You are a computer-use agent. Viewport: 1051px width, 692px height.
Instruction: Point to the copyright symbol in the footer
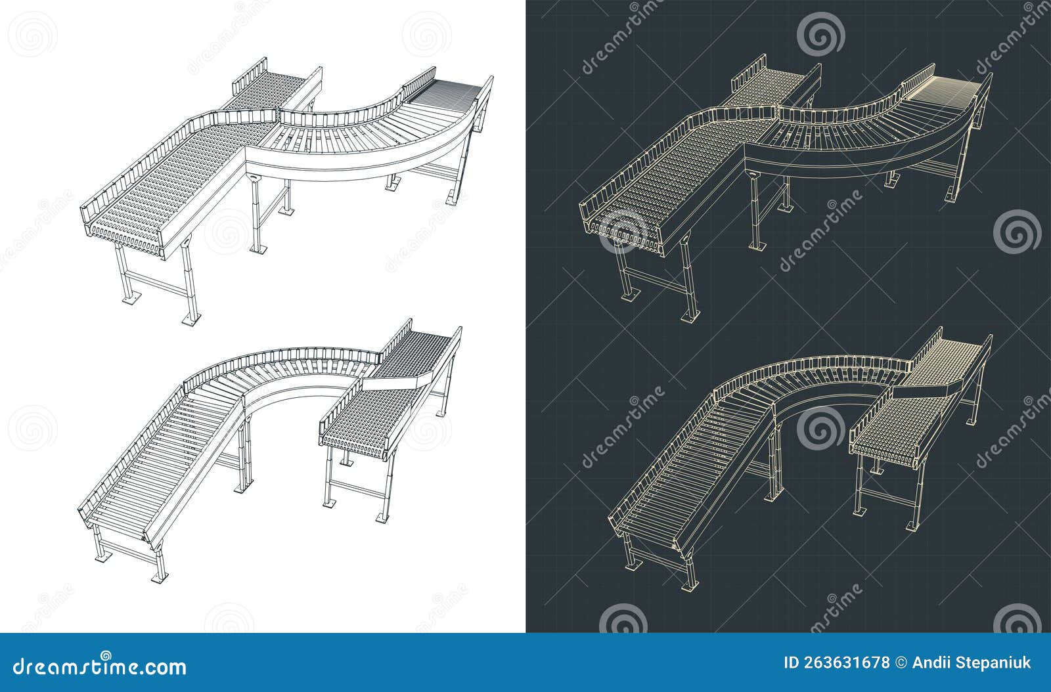[x=901, y=662]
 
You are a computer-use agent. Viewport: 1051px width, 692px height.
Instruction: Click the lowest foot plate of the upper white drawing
[x=189, y=322]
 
